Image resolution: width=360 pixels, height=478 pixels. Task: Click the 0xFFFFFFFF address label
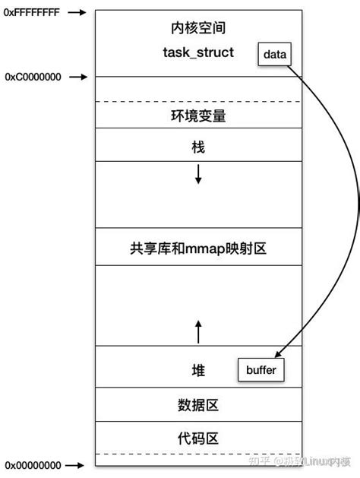[x=32, y=13]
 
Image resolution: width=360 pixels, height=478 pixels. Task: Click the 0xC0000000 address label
[x=32, y=77]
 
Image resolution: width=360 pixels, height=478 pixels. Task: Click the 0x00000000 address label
[x=32, y=464]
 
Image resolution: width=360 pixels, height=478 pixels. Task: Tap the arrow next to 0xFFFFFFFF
[x=78, y=13]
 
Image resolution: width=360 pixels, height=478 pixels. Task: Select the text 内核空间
[x=199, y=28]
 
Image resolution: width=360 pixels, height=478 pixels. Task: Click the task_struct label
[x=199, y=52]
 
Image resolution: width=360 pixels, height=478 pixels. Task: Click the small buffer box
[x=262, y=370]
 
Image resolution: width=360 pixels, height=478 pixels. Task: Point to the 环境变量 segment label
[x=199, y=116]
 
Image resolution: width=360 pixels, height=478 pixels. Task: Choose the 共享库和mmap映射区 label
[x=199, y=248]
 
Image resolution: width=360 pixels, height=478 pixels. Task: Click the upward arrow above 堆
[x=199, y=331]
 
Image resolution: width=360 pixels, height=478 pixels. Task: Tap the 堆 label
[x=199, y=370]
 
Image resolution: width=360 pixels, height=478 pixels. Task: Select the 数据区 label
[x=199, y=405]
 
